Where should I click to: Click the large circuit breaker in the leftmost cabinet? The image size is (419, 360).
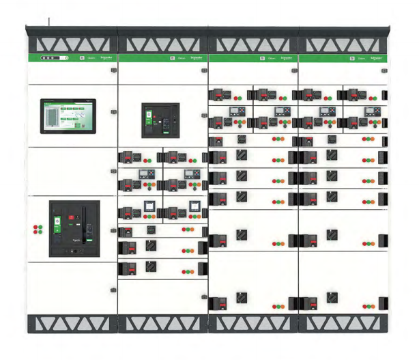[x=74, y=228]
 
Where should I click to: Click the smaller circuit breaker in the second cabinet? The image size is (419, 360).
[x=160, y=120]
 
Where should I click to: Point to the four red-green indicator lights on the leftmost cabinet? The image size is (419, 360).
[x=37, y=230]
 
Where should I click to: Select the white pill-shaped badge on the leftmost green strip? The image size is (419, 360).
[x=55, y=58]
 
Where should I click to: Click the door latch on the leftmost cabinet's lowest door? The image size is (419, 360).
[x=112, y=290]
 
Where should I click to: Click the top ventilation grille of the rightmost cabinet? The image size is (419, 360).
[x=344, y=44]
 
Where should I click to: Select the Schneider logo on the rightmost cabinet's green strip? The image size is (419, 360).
[x=375, y=59]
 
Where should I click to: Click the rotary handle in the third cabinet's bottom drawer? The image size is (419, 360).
[x=242, y=299]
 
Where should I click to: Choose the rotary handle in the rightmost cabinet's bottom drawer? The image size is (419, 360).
[x=332, y=299]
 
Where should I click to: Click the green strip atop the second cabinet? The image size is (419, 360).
[x=162, y=59]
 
